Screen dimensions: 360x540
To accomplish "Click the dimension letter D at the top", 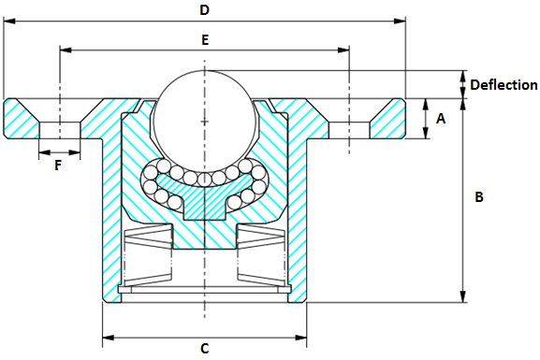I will (x=204, y=10).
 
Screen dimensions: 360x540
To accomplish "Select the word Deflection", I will (x=504, y=85).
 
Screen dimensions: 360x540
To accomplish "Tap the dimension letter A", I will (x=441, y=119).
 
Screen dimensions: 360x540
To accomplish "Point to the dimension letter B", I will (x=478, y=197).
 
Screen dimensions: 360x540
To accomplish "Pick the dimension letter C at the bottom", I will (x=204, y=349).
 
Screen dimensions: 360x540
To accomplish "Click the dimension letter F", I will (x=58, y=166).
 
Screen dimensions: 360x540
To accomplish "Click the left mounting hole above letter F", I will (x=59, y=129).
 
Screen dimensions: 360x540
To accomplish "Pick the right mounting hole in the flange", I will (x=348, y=129).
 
